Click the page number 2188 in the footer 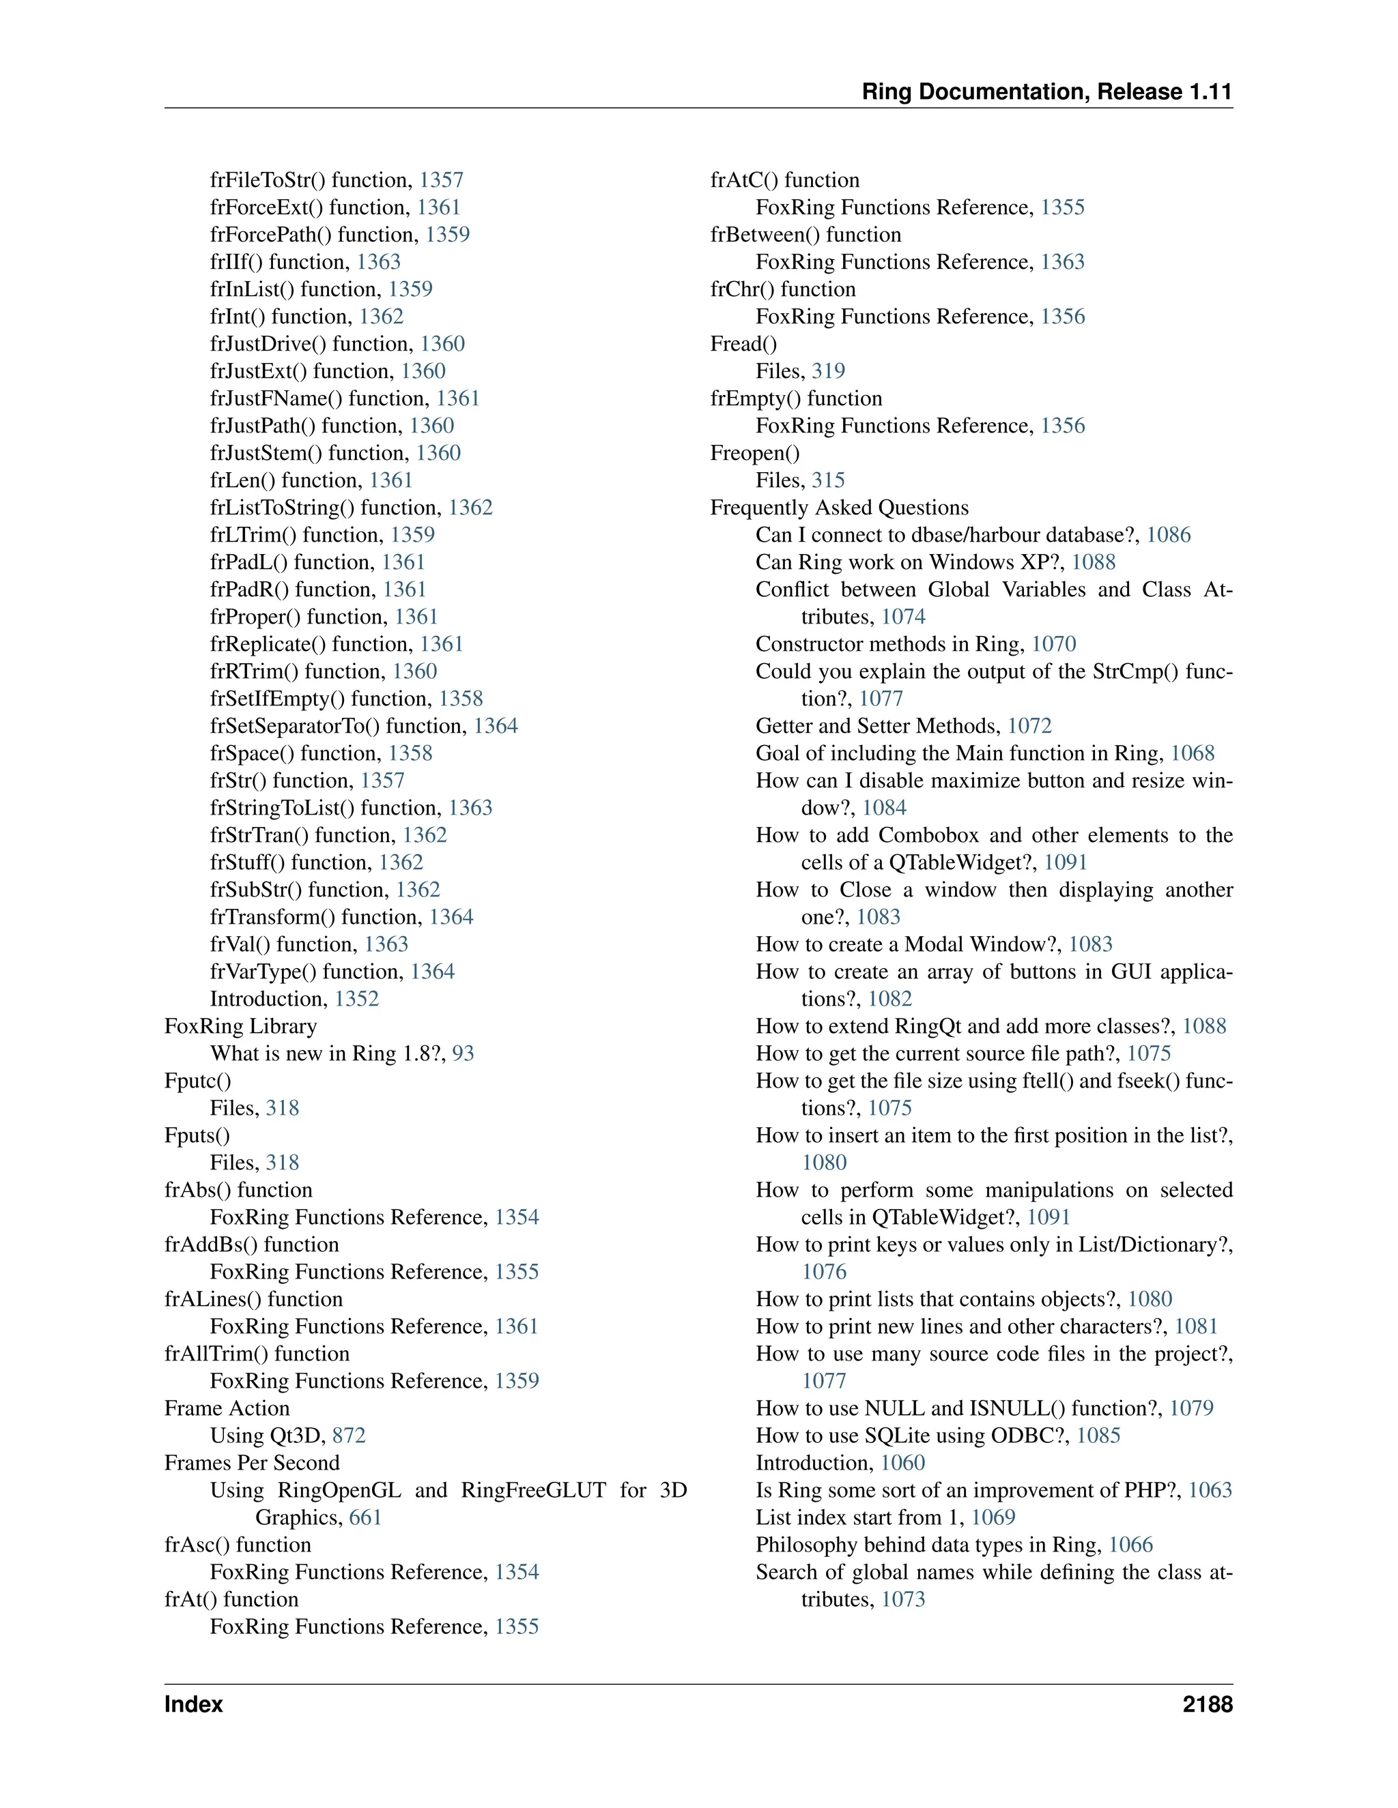(x=1207, y=1704)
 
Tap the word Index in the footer (x=194, y=1704)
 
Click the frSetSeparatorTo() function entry (x=339, y=726)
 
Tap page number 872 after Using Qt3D (x=349, y=1435)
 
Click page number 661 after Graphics (x=365, y=1517)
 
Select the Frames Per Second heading (x=252, y=1463)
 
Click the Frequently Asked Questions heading (x=839, y=508)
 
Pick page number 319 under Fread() (x=828, y=371)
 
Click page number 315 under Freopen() (x=828, y=480)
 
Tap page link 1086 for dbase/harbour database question (x=1168, y=535)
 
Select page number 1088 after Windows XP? (x=1094, y=562)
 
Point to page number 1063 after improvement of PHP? (x=1210, y=1490)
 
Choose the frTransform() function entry (x=317, y=917)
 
